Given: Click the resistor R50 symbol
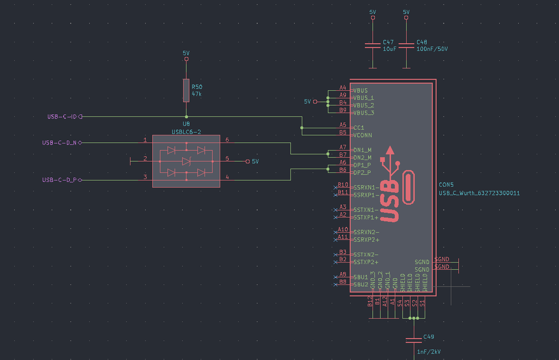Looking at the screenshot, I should (x=186, y=90).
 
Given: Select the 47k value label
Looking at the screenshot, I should (x=196, y=95).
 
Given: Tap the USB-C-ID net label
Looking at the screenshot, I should (x=62, y=116).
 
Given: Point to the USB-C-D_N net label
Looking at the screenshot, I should (x=59, y=143).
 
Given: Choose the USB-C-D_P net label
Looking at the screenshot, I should (x=59, y=180).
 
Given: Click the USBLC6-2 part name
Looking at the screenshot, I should (x=186, y=132).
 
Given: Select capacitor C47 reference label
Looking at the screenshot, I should (x=388, y=43).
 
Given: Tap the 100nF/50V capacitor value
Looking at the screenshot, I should (x=432, y=49).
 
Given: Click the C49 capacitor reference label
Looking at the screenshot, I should (x=429, y=336).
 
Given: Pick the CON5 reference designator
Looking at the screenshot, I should (x=447, y=185).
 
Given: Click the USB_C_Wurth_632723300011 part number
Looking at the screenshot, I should (x=480, y=193).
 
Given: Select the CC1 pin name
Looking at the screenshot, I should (x=359, y=128).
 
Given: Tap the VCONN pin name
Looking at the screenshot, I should (x=363, y=135).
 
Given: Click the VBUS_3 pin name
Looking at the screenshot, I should (x=364, y=113).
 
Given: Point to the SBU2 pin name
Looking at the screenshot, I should (x=361, y=284).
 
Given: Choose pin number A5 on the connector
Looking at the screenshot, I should (x=343, y=125).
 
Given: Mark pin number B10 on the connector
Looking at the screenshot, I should (x=342, y=185).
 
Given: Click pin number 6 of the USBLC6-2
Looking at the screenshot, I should (x=227, y=139).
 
